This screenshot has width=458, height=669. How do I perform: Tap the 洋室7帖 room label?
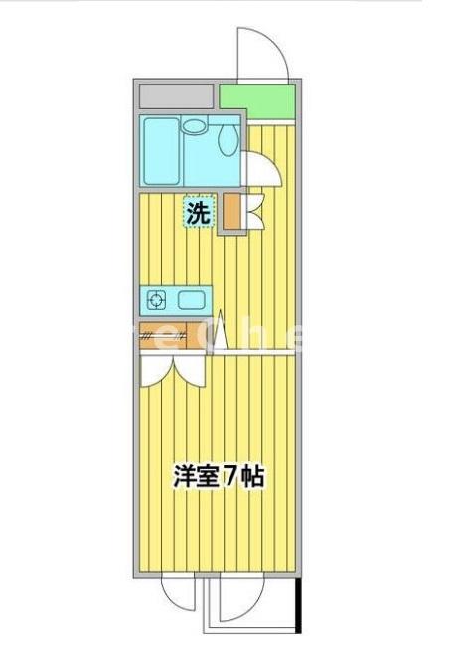219,476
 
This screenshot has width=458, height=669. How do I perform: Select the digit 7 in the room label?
229,476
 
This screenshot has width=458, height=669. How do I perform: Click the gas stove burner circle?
156,298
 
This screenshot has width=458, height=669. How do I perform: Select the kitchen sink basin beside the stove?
191,298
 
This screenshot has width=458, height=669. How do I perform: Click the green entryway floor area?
256,99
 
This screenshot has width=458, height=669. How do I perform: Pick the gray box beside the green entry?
177,96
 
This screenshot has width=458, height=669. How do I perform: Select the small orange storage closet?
230,212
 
